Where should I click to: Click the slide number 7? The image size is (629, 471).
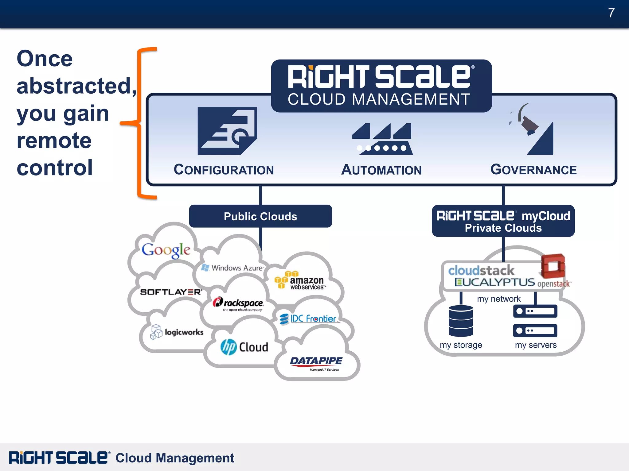coord(611,13)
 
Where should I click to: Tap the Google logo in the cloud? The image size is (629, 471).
coord(166,250)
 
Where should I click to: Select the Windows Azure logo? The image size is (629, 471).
coord(233,268)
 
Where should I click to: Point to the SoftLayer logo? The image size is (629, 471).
coord(171,292)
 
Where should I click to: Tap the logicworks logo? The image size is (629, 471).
coord(177,332)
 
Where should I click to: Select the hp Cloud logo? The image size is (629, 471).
coord(244,347)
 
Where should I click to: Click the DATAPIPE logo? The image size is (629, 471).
coord(316,362)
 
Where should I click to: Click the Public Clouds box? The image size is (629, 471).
coord(260,216)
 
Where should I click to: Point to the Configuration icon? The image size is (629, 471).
coord(227,131)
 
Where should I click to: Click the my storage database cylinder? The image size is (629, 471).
coord(461,321)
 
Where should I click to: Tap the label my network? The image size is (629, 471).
coord(499,299)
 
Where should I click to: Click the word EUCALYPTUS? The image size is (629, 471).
coord(495,282)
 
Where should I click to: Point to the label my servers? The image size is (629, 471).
coord(536,345)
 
